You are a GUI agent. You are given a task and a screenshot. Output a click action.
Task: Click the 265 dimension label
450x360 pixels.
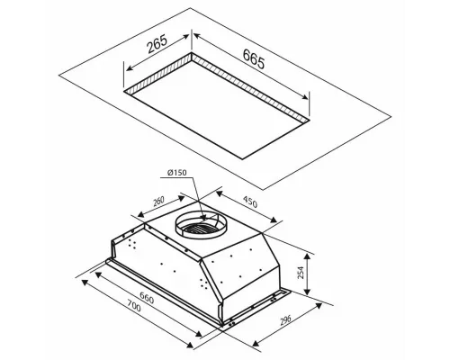pyautogui.click(x=157, y=44)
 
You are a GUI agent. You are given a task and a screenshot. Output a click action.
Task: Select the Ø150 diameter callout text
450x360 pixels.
pyautogui.click(x=177, y=173)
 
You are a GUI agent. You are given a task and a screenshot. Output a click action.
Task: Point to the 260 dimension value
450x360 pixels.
pyautogui.click(x=158, y=201)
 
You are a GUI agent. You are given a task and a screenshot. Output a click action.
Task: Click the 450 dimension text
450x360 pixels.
pyautogui.click(x=250, y=202)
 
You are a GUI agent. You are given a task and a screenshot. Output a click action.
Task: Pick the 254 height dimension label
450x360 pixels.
pyautogui.click(x=301, y=273)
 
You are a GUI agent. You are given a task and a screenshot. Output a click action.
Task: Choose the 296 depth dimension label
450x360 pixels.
pyautogui.click(x=285, y=320)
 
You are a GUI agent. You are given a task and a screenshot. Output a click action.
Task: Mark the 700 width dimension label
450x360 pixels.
pyautogui.click(x=133, y=308)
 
